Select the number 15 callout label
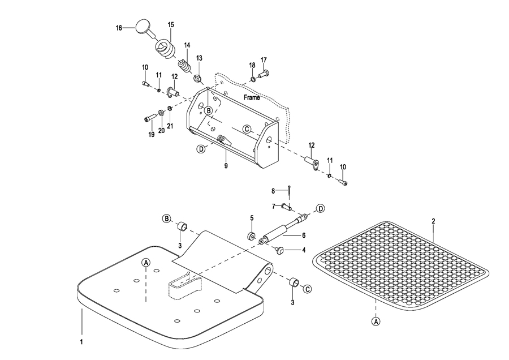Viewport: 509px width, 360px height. click(171, 25)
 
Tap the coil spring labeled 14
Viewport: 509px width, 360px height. click(185, 66)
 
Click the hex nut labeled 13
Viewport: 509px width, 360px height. click(197, 78)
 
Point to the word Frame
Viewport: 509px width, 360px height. click(252, 97)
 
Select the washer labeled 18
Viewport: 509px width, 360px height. click(253, 79)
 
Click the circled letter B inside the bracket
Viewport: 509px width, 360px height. click(209, 110)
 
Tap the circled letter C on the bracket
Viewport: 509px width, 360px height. click(247, 129)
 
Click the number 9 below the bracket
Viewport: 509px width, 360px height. click(226, 166)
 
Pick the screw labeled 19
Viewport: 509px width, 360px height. click(148, 119)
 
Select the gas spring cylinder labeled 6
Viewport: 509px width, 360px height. click(282, 229)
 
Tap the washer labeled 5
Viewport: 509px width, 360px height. click(252, 236)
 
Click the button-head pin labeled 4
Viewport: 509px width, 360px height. click(279, 250)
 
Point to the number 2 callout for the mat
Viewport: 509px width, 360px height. click(433, 221)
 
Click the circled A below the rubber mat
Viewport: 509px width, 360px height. click(376, 322)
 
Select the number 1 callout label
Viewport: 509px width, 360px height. click(81, 342)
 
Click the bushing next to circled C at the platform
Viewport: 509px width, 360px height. click(294, 282)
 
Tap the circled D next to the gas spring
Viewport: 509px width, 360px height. click(321, 208)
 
